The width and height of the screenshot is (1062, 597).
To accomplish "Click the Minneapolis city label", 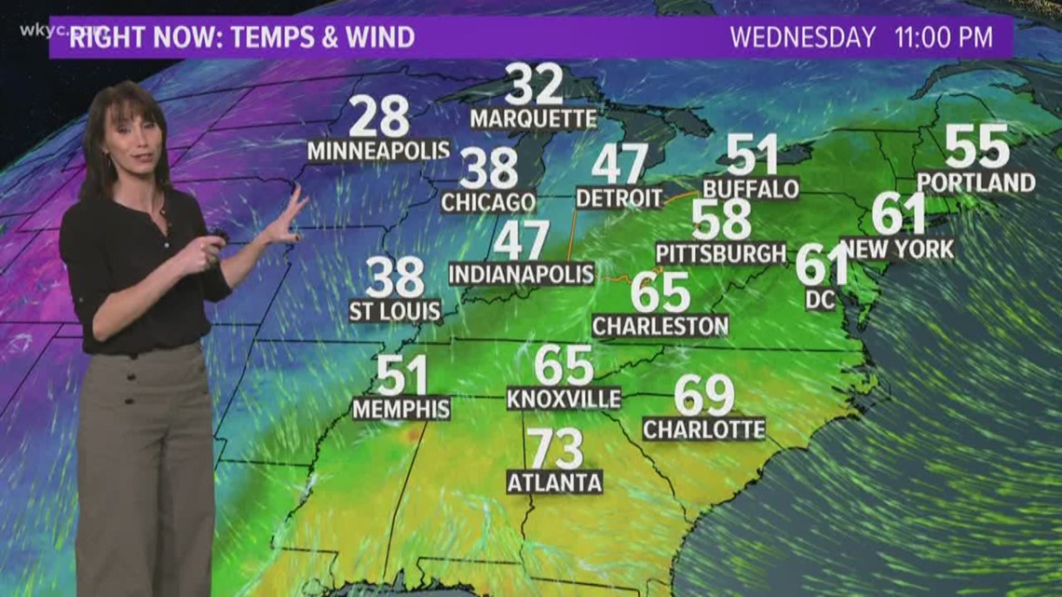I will point(378,150).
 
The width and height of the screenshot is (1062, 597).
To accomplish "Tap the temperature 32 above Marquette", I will point(535,85).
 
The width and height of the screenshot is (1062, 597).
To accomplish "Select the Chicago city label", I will point(488,202).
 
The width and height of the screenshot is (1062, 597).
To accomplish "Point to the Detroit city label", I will point(619,197).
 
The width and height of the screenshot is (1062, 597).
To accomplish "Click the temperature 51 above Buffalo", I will point(752,155).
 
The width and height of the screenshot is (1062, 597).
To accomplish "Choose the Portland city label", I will point(975,183).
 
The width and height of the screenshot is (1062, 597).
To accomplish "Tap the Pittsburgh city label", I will point(721,253).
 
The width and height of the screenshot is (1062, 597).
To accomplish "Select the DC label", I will point(822,298).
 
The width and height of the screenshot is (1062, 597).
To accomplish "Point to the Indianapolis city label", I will point(521,274).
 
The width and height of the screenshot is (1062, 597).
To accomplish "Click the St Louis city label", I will point(395,311).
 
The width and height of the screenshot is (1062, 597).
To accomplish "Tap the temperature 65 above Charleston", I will point(660,292).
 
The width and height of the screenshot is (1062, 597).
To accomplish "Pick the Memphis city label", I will point(401,408).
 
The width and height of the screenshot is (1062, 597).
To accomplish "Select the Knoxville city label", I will point(564,399).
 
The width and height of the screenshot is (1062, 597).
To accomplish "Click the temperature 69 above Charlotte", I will point(704,395).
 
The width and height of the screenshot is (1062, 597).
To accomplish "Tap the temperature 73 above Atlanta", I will point(555,449).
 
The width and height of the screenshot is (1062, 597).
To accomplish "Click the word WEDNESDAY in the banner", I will point(802,38).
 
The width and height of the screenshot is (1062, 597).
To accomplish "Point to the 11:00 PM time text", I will point(942,38).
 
